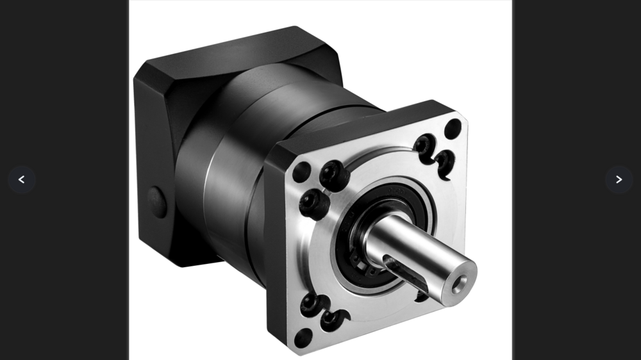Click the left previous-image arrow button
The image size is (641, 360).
21,180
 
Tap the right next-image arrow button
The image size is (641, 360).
619,180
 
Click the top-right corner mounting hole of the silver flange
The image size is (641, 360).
453,128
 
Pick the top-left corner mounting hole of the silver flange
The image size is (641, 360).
301,172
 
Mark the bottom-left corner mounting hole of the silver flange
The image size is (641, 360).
303,337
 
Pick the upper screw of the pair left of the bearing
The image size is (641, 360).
334,174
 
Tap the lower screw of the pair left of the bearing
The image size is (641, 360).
314,204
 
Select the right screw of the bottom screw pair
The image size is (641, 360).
334,318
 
